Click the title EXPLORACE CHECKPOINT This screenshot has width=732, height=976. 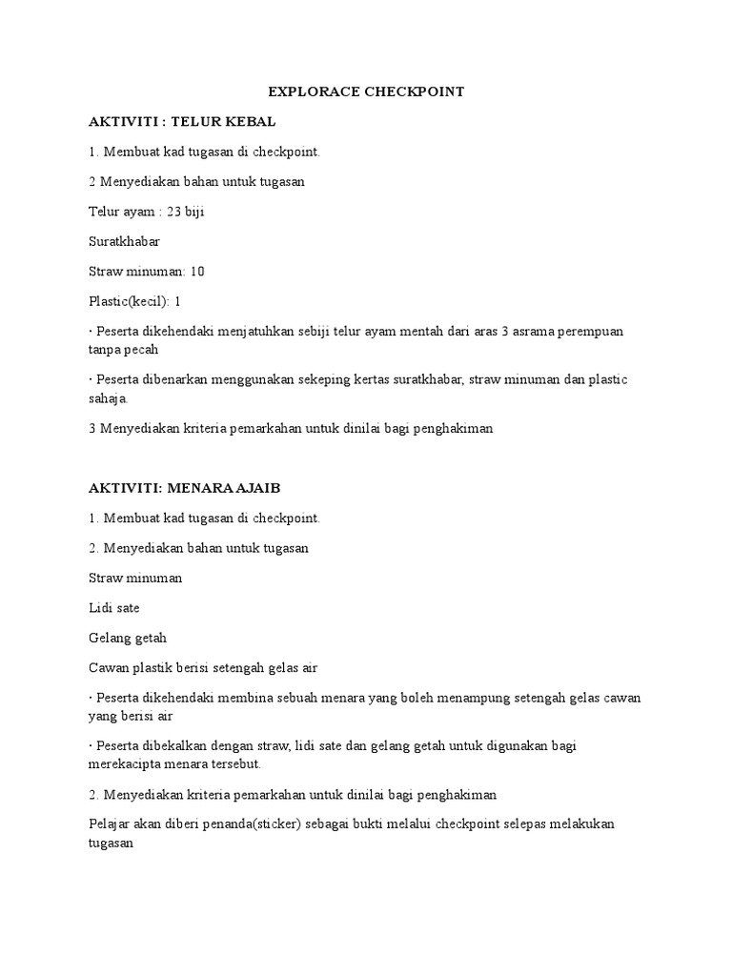click(366, 91)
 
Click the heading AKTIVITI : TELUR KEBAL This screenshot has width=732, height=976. click(182, 122)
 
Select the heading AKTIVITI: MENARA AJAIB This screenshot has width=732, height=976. click(185, 488)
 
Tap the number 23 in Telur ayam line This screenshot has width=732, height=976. click(174, 212)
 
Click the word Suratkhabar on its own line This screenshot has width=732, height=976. click(124, 241)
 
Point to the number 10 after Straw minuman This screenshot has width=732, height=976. click(197, 272)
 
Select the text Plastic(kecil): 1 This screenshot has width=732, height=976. click(134, 301)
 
